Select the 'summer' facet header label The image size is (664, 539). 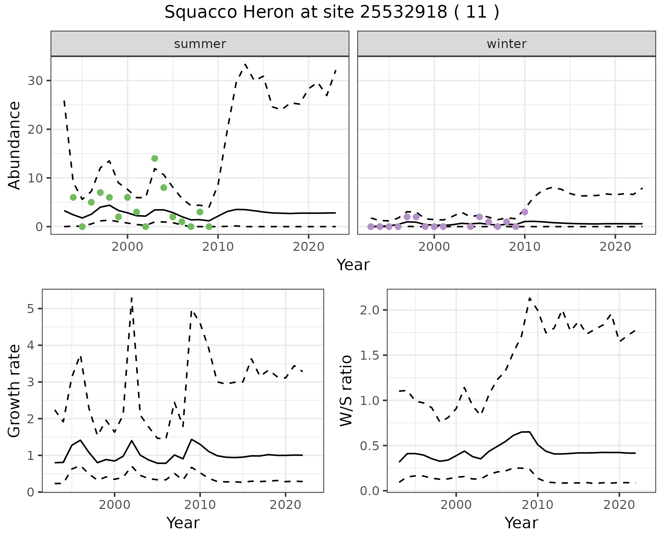(x=200, y=44)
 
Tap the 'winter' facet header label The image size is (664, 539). (x=506, y=44)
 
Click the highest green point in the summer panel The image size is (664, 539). (x=155, y=159)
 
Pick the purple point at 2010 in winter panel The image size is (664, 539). (x=525, y=212)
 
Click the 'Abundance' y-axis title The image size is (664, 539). (x=15, y=145)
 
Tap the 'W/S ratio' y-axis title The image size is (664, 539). (x=346, y=391)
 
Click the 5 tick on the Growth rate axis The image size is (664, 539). (x=31, y=309)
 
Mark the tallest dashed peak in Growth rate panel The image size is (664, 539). (x=132, y=297)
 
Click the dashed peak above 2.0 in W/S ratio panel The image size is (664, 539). (x=529, y=298)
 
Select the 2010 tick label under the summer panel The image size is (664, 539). (x=218, y=247)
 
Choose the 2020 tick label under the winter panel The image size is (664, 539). (x=615, y=247)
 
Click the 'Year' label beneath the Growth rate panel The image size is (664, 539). (x=183, y=523)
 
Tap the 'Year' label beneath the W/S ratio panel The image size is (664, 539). (x=521, y=523)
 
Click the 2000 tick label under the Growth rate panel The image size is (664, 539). (x=114, y=505)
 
